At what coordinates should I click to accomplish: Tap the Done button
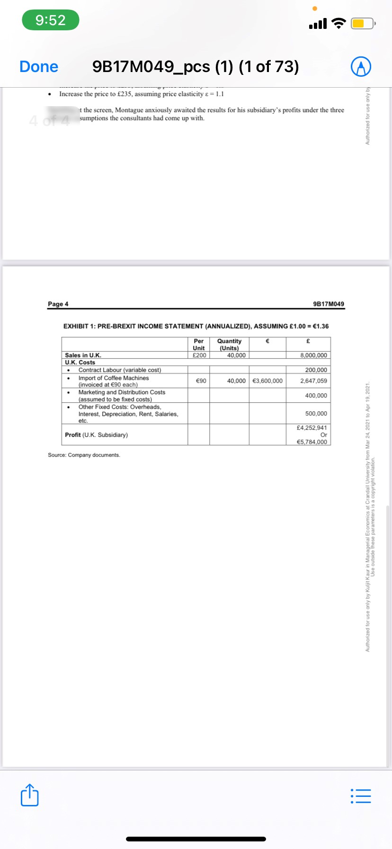[39, 67]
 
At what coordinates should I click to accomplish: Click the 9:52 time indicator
[50, 20]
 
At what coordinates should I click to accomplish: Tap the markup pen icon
[361, 67]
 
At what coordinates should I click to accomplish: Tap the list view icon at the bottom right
[361, 796]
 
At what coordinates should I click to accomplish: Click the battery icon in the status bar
[363, 23]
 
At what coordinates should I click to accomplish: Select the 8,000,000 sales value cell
[313, 355]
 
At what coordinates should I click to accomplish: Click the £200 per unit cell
[199, 355]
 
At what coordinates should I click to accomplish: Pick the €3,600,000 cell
[267, 381]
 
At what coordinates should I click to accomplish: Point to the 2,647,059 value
[313, 381]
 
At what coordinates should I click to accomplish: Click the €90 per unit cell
[201, 381]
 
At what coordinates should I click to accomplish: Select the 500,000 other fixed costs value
[316, 414]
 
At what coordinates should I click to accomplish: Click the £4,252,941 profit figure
[312, 428]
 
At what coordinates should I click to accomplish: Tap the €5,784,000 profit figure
[312, 442]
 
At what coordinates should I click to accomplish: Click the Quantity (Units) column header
[229, 344]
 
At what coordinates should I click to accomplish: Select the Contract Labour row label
[119, 370]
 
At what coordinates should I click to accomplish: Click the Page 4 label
[58, 304]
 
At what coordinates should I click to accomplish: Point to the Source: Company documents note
[84, 455]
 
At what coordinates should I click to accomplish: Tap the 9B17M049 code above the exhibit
[329, 304]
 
